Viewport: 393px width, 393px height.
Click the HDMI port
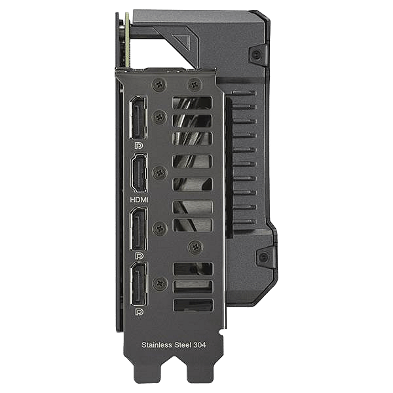pyautogui.click(x=139, y=174)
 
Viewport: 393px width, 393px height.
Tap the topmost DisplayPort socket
pyautogui.click(x=138, y=117)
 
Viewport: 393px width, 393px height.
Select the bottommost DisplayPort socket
pyautogui.click(x=139, y=284)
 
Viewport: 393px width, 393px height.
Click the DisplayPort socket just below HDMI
pyautogui.click(x=139, y=229)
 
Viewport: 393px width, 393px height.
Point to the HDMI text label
pyautogui.click(x=139, y=200)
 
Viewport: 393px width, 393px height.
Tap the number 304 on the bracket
pyautogui.click(x=200, y=345)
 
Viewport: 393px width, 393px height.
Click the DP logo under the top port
pyautogui.click(x=139, y=145)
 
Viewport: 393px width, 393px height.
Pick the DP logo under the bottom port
pyautogui.click(x=140, y=312)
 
